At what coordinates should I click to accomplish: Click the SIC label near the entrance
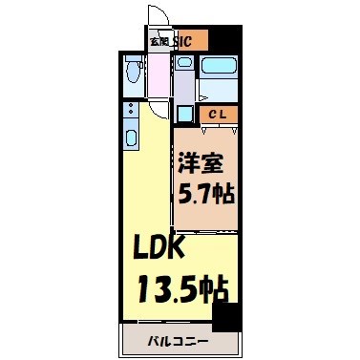(x=186, y=41)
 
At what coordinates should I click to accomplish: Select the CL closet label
(x=217, y=114)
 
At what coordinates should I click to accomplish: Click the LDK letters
(x=162, y=251)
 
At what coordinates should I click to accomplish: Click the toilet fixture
(x=133, y=73)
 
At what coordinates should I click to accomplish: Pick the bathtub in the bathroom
(x=219, y=68)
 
